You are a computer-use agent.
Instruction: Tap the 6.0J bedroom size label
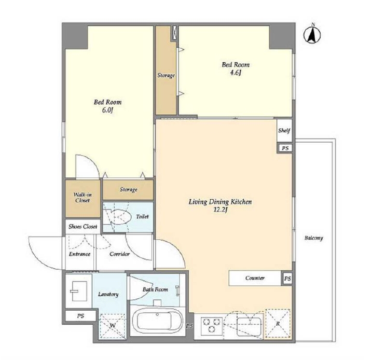[x=107, y=110]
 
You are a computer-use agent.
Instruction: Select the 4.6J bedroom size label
[x=236, y=73]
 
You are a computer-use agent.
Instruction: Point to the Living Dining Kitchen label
[x=220, y=202]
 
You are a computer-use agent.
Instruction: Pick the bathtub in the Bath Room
[x=158, y=320]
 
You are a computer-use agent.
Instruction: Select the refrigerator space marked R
[x=278, y=324]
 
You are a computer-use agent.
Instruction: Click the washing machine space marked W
[x=113, y=326]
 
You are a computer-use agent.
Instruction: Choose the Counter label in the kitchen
[x=255, y=278]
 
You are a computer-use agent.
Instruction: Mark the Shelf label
[x=284, y=130]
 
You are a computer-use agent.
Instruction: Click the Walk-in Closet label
[x=82, y=198]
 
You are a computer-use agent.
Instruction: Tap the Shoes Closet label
[x=83, y=227]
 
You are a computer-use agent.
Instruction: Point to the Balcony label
[x=314, y=238]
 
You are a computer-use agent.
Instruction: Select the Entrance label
[x=79, y=254]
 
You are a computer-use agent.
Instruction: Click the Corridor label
[x=119, y=254]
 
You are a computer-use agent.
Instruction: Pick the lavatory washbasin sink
[x=78, y=291]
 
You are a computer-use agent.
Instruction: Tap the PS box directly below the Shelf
[x=285, y=148]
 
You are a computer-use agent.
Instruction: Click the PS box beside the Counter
[x=287, y=279]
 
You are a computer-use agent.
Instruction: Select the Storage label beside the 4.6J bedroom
[x=166, y=75]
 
